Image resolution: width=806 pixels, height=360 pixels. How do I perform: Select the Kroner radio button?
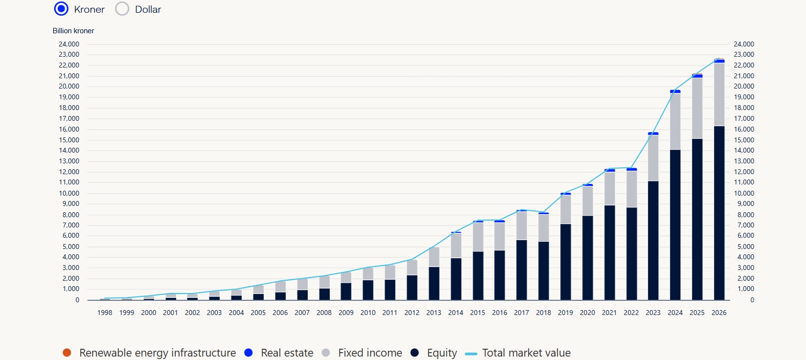[61, 9]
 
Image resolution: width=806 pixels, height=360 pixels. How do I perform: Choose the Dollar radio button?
[122, 9]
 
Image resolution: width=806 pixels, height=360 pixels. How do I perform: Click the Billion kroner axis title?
[73, 31]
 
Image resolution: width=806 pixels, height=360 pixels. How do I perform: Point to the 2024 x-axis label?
[675, 313]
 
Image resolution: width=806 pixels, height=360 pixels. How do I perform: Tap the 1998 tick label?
[105, 313]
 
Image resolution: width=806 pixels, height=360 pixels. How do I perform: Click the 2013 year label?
[434, 313]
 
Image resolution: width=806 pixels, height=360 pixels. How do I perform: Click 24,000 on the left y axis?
[69, 44]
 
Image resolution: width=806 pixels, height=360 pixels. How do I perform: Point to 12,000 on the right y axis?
[744, 172]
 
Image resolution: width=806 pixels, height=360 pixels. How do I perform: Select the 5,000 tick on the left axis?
[70, 247]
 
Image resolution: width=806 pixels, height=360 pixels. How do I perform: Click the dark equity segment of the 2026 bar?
[719, 213]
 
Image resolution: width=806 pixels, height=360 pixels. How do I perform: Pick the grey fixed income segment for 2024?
[675, 121]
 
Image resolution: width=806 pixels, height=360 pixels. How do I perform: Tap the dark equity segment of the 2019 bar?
[565, 262]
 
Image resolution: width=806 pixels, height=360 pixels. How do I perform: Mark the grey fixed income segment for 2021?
[610, 188]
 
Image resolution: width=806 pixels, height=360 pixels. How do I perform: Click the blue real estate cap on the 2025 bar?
[697, 76]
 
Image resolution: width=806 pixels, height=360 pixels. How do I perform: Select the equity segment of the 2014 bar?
[456, 279]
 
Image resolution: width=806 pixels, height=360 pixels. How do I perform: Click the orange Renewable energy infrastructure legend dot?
[67, 353]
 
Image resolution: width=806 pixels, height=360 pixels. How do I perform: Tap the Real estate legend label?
[287, 353]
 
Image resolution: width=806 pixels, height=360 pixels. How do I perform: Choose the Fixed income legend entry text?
[370, 353]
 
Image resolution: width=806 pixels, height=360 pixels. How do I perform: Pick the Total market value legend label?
[526, 353]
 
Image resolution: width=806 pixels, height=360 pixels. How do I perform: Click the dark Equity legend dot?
[415, 353]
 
